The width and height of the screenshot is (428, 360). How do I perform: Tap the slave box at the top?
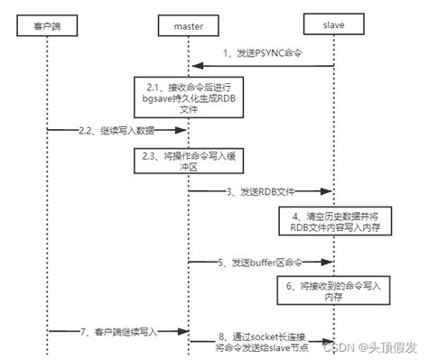tap(335, 19)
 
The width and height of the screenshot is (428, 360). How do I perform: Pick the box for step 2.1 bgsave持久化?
tap(188, 93)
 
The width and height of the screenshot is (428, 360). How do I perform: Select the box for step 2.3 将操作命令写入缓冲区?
tap(188, 161)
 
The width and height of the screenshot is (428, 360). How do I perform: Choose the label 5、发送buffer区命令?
tap(261, 263)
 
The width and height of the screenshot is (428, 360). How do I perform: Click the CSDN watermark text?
tap(341, 347)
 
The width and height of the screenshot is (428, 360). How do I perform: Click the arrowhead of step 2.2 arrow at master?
tap(184, 133)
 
